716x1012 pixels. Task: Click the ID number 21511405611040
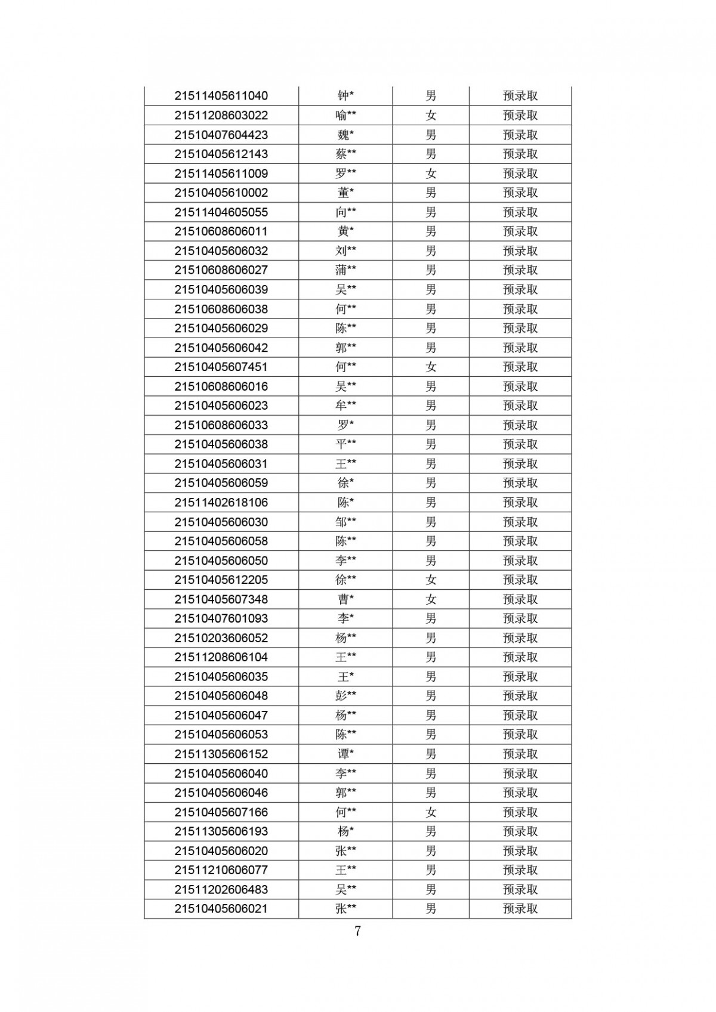(221, 96)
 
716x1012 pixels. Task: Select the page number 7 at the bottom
(357, 931)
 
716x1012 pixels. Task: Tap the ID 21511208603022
(221, 115)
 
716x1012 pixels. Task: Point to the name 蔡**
(345, 154)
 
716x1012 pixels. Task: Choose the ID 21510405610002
(221, 193)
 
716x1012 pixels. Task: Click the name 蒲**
(345, 270)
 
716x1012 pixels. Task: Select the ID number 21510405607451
(221, 367)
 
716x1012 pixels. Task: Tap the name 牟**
(345, 406)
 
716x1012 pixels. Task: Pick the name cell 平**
(345, 444)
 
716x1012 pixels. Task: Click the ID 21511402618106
(221, 502)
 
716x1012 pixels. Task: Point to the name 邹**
(345, 522)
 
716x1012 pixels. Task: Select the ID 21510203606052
(221, 638)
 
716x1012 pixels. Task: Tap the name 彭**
(345, 696)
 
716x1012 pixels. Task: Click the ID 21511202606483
(221, 889)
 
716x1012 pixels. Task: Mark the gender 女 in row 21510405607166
(431, 812)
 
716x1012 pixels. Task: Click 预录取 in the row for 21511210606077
(520, 870)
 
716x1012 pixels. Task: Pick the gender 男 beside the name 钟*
(431, 96)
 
